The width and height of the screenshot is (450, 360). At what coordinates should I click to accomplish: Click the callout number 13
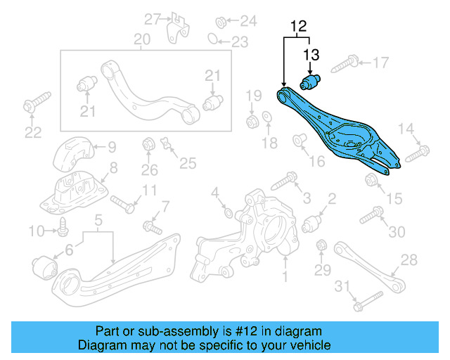[311, 54]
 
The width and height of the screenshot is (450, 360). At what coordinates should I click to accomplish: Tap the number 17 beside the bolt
[380, 63]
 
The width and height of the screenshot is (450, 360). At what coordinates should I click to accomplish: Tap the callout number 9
[112, 148]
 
